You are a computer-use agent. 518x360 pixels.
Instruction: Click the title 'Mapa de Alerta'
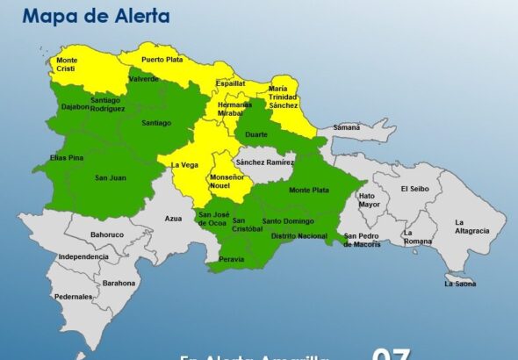(x=97, y=16)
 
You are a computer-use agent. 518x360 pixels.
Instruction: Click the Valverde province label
(x=143, y=78)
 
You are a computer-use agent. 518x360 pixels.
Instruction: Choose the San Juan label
(x=112, y=178)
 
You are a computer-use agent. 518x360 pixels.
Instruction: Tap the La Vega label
(x=184, y=164)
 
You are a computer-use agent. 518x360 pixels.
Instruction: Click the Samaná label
(x=346, y=127)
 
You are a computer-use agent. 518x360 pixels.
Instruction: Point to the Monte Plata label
(x=308, y=190)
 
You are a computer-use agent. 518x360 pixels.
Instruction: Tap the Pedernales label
(x=75, y=297)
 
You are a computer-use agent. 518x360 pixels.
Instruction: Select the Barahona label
(x=119, y=283)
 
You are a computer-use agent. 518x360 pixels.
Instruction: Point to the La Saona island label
(x=459, y=284)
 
